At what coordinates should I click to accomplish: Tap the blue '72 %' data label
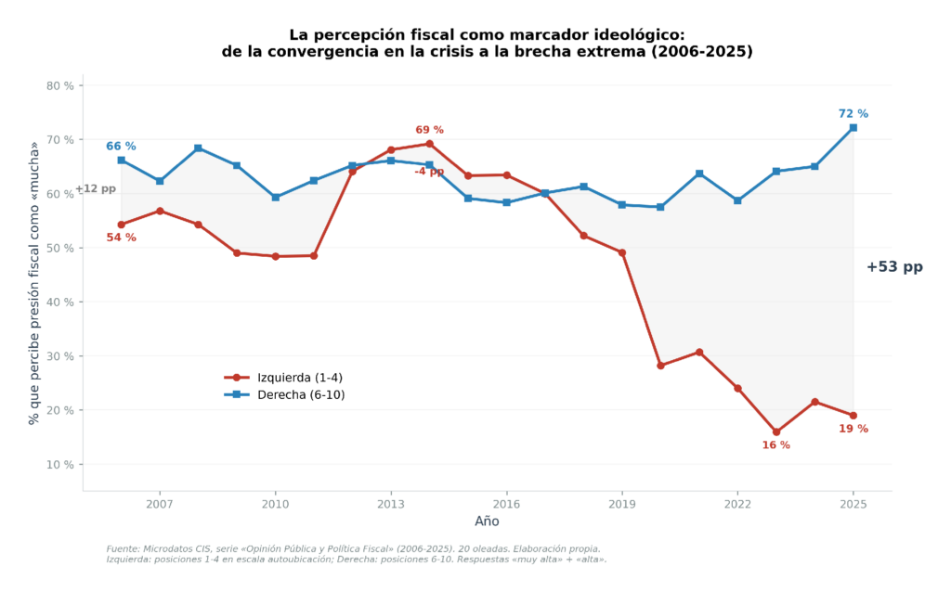[x=853, y=113]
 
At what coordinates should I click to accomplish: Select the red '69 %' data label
[x=429, y=130]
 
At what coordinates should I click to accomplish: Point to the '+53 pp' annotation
[x=894, y=267]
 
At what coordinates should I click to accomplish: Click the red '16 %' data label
[x=775, y=445]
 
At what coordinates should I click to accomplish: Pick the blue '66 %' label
[x=122, y=146]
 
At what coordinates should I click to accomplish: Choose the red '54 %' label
[x=122, y=238]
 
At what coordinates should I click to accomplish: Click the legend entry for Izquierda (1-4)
[x=283, y=378]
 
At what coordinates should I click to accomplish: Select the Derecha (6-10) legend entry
[x=284, y=395]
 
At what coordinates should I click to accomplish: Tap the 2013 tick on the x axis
[x=391, y=504]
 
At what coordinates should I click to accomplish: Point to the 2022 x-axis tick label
[x=737, y=504]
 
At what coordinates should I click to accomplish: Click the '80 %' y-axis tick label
[x=60, y=86]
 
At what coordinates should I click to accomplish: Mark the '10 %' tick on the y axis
[x=60, y=465]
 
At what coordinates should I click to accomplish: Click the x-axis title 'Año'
[x=487, y=521]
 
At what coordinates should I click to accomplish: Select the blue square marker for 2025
[x=853, y=128]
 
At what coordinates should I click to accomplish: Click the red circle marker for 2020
[x=660, y=366]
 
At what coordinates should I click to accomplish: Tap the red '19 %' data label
[x=853, y=429]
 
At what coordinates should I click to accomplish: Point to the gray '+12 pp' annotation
[x=96, y=189]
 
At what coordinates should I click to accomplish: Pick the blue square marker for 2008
[x=199, y=148]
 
